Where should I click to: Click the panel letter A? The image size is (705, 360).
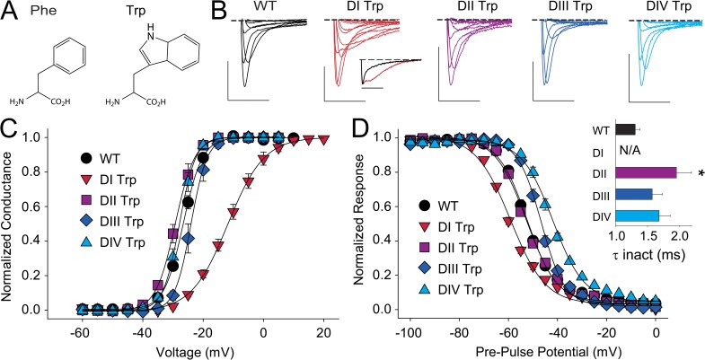11,12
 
